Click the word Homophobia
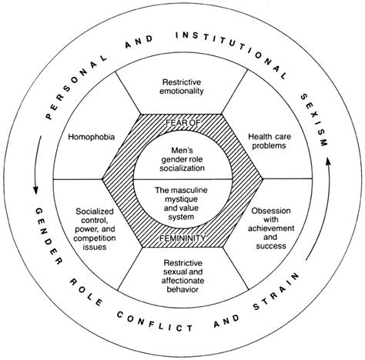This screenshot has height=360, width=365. tap(92, 137)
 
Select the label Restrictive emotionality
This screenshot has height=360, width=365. tap(182, 87)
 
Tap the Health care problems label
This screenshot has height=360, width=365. tap(270, 141)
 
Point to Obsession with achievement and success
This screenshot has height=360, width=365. tap(271, 228)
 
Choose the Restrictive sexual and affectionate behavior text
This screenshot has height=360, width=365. tap(182, 276)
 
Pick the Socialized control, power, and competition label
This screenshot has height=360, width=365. tap(95, 229)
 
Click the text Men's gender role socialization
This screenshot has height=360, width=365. tap(182, 159)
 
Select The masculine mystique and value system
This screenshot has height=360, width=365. tap(181, 204)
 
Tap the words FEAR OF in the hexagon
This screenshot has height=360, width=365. tap(182, 122)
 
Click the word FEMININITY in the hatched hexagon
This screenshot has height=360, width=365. tap(182, 238)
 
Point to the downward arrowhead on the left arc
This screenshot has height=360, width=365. tap(35, 190)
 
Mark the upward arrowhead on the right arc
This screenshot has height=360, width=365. tap(328, 162)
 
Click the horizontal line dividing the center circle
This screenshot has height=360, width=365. tap(182, 179)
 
